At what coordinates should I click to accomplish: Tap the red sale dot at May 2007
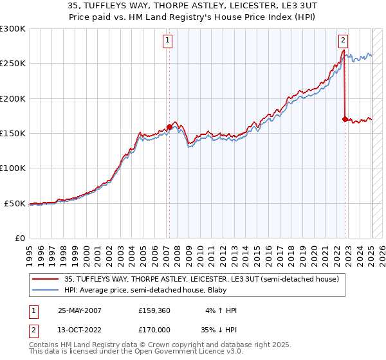pos(169,127)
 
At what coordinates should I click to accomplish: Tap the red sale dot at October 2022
pos(345,119)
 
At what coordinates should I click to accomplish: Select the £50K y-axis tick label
pos(15,203)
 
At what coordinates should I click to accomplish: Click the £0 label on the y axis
pos(19,238)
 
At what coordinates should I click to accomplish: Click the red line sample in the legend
pos(46,280)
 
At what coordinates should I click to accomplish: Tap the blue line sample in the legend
pos(46,290)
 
